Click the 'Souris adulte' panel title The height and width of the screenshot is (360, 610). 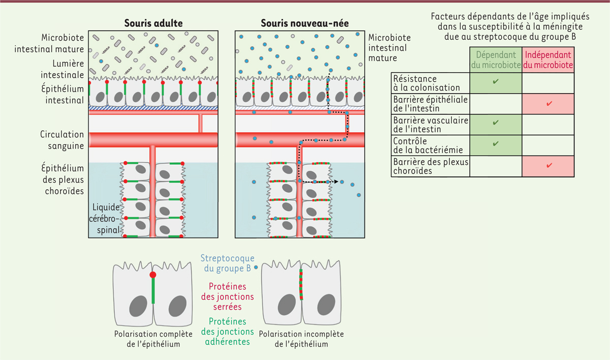point(154,23)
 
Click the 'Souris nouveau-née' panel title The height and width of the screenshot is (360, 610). point(300,23)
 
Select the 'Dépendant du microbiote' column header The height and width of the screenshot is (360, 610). point(496,60)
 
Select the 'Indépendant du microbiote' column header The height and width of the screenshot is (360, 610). point(548,60)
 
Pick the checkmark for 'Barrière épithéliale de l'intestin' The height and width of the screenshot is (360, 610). point(548,104)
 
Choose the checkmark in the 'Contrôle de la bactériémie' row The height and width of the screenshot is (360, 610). point(496,144)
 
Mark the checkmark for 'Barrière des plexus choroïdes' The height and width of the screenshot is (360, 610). point(548,166)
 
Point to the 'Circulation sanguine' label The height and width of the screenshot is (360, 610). point(62,140)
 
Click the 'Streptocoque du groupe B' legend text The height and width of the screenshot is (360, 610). point(228,263)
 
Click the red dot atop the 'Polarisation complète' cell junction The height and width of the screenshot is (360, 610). point(152,275)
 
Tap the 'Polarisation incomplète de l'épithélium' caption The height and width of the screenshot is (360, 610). point(301,339)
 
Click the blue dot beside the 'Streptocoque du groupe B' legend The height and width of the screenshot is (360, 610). point(256,268)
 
